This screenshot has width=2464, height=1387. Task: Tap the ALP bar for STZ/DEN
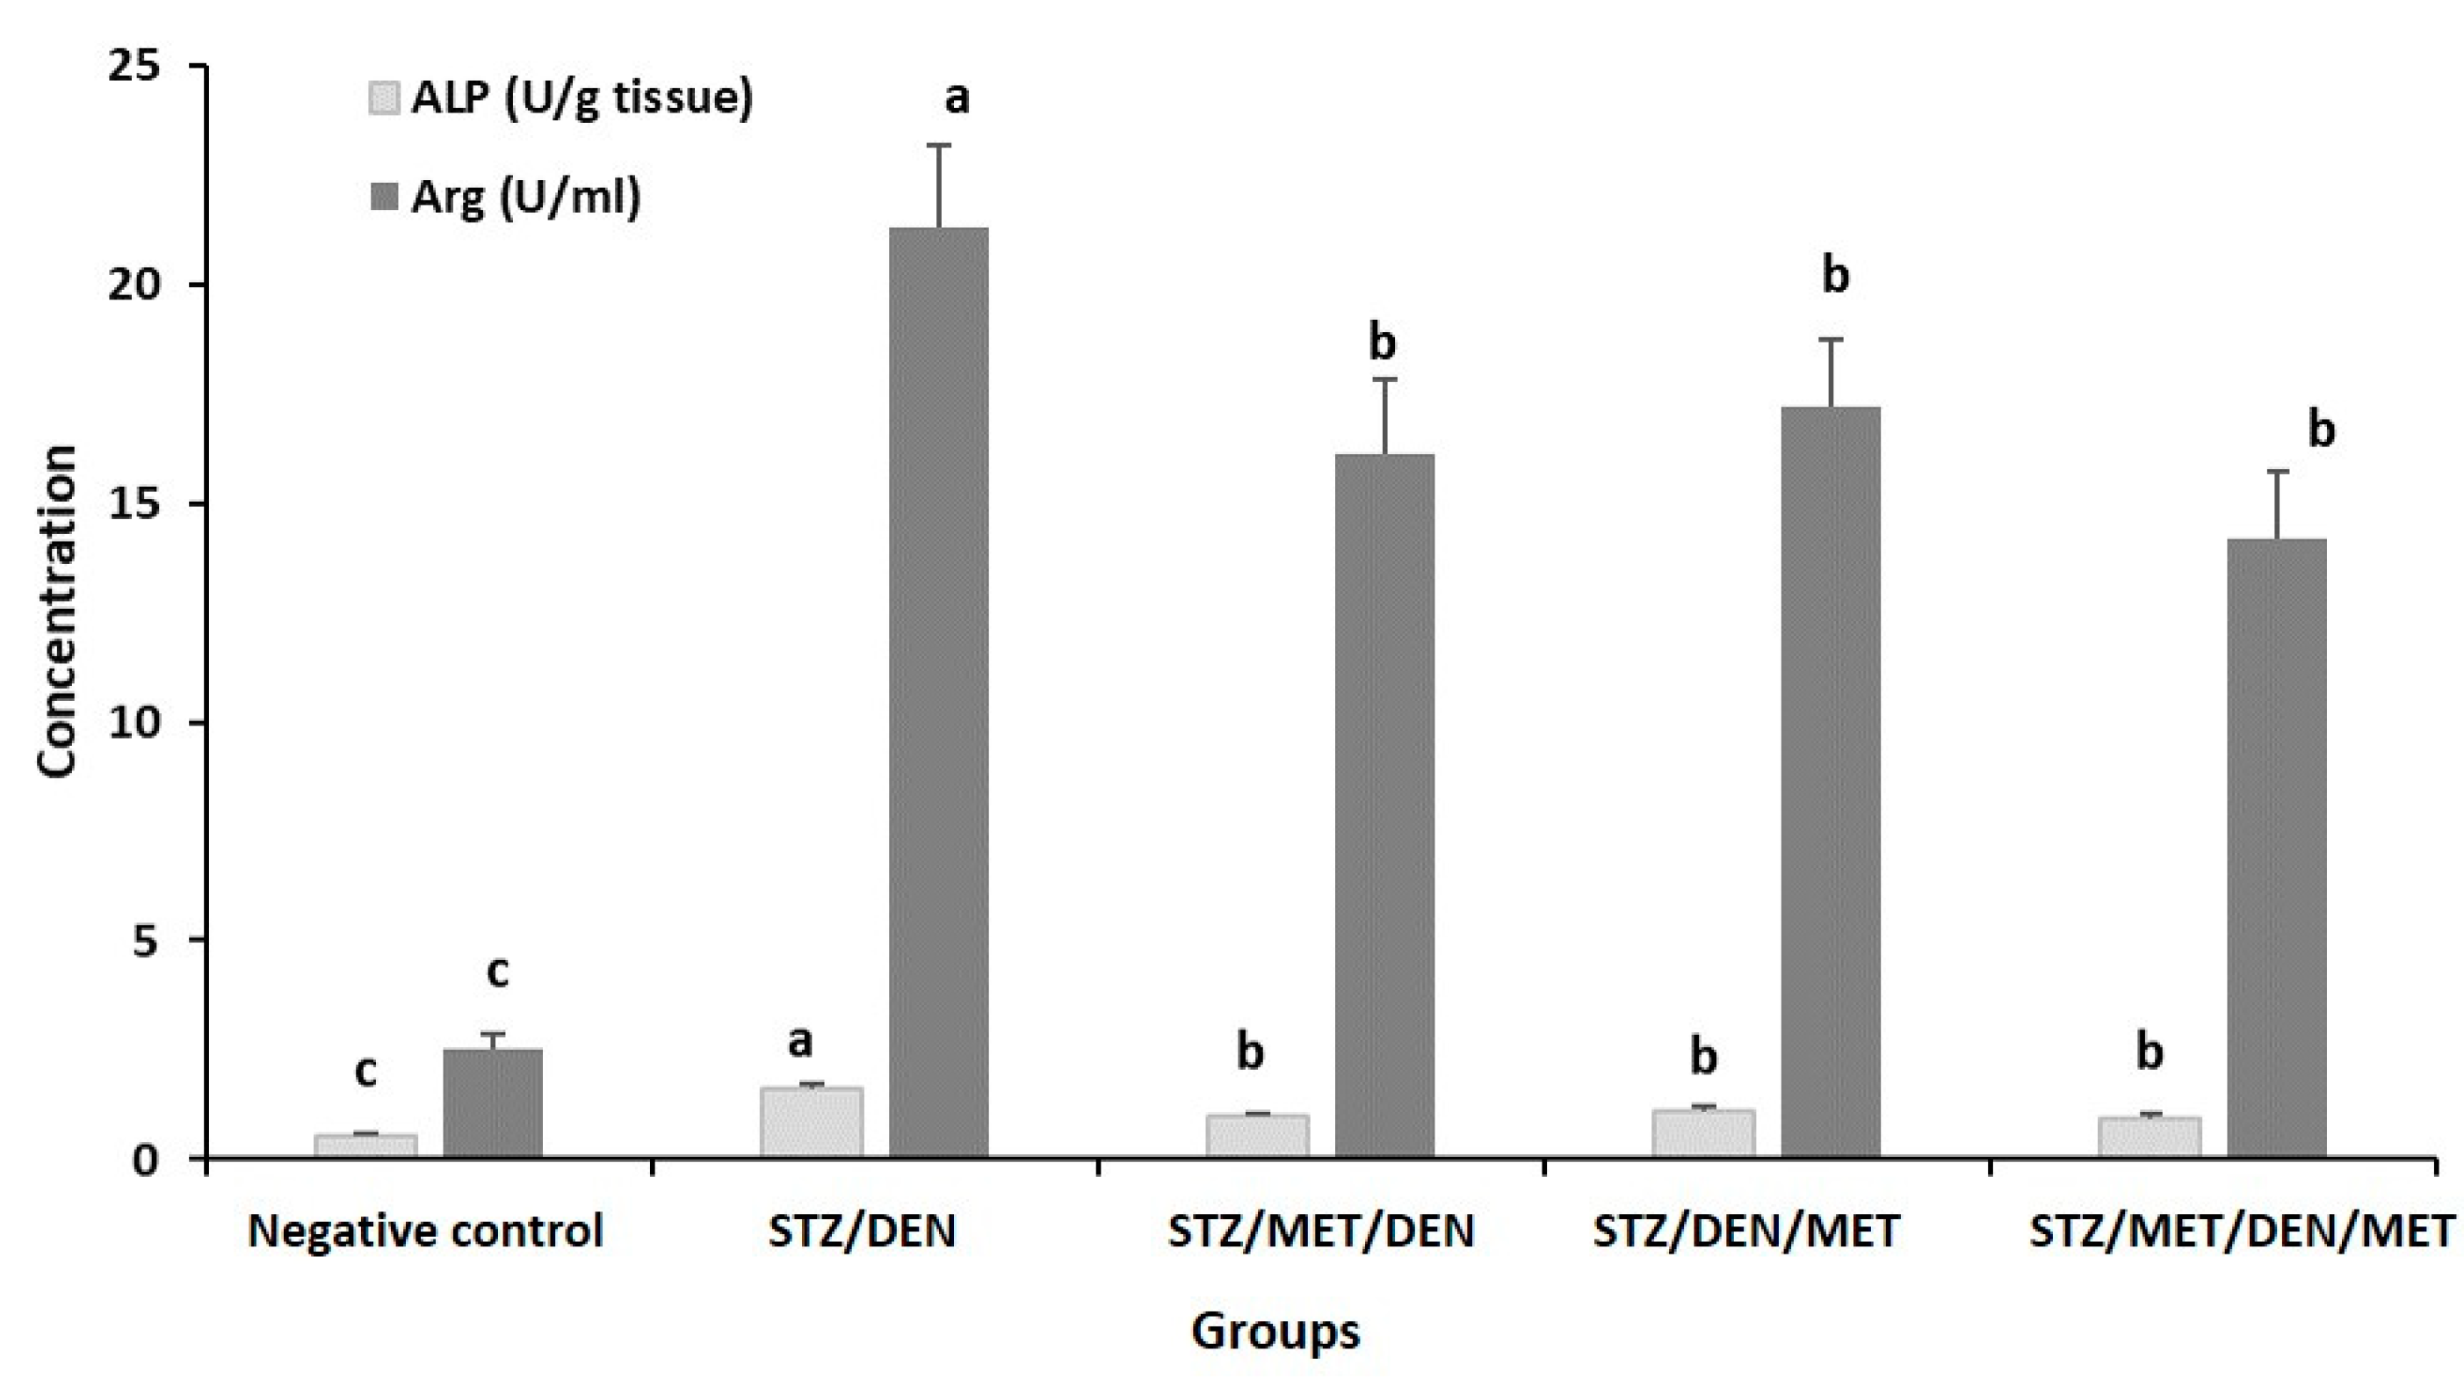(x=811, y=1122)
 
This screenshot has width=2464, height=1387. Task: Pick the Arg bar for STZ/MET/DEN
(x=1384, y=805)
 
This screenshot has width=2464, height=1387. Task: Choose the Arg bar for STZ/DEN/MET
(x=1830, y=782)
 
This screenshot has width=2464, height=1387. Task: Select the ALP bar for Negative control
(x=365, y=1146)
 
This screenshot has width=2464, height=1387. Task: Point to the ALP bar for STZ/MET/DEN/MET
(x=2150, y=1137)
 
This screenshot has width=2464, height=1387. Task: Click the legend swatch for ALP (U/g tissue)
(x=384, y=98)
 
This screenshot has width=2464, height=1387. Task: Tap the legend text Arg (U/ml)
(x=525, y=197)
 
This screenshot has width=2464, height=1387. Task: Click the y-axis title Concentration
(x=57, y=612)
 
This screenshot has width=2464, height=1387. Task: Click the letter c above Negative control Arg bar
(x=497, y=972)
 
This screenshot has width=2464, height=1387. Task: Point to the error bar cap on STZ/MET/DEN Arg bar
(x=1384, y=379)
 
